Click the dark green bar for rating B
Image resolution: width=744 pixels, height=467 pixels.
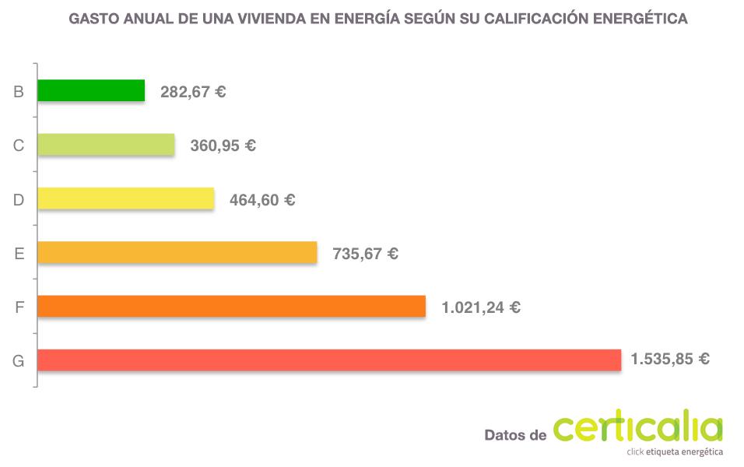click(x=91, y=91)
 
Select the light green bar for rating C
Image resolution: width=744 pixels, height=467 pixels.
click(x=106, y=145)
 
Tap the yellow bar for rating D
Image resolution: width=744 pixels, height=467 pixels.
click(x=125, y=198)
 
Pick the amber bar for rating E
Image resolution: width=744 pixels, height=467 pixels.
click(x=177, y=253)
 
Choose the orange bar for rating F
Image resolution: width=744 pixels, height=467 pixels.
click(x=231, y=307)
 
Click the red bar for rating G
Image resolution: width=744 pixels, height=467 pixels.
click(x=328, y=360)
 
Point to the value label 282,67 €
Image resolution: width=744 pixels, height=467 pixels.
click(x=193, y=92)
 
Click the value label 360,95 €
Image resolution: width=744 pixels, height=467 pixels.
click(x=223, y=146)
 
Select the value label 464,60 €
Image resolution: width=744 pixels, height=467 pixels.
click(x=262, y=200)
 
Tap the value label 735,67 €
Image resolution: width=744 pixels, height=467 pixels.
click(x=365, y=254)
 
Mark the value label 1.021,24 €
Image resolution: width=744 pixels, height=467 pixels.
click(x=480, y=307)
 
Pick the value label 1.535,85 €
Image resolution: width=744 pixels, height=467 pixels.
click(x=669, y=360)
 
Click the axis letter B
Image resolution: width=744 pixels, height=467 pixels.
click(x=19, y=92)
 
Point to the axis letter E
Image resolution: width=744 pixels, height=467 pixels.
click(x=19, y=254)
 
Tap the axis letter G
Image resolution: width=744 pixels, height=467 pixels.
click(x=19, y=361)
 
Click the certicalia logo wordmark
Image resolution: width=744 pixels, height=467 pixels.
click(x=637, y=429)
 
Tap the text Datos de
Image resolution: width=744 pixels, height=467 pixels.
click(x=514, y=435)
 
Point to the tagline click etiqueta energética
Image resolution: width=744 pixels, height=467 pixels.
click(x=675, y=452)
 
